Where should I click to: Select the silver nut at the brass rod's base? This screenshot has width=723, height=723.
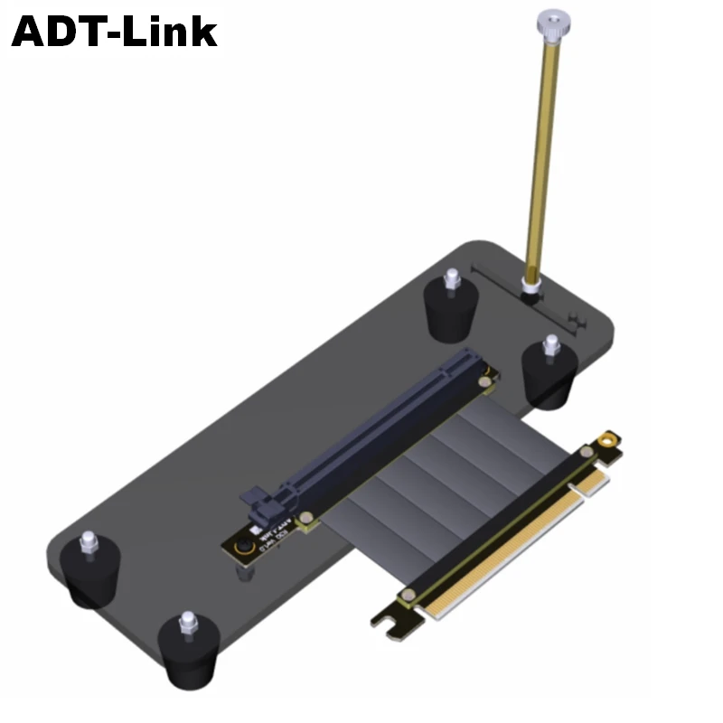tap(531, 287)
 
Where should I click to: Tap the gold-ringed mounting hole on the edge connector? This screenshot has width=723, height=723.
tap(610, 439)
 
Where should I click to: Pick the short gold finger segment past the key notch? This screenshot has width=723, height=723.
tap(593, 484)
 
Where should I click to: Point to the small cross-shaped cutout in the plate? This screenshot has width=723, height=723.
tap(571, 317)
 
